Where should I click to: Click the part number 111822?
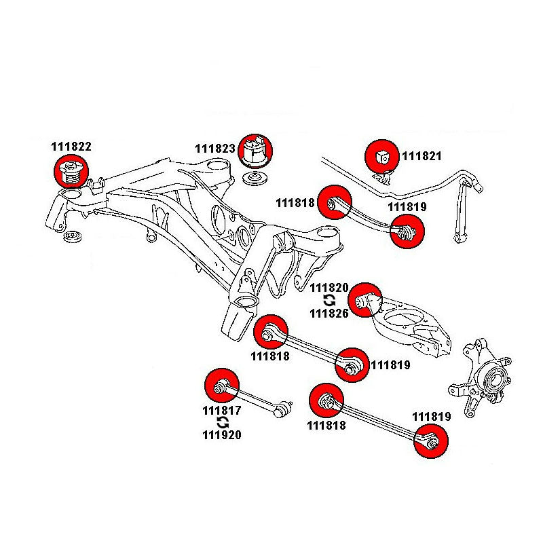coord(71,146)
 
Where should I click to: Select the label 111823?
coord(215,149)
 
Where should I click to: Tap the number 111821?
coord(422,156)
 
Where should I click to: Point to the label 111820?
coord(329,288)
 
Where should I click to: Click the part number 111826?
coord(329,313)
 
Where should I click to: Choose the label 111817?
coord(221,411)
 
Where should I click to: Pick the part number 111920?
coord(221,435)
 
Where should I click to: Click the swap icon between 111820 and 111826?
coord(329,300)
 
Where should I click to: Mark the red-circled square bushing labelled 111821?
coord(382,156)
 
